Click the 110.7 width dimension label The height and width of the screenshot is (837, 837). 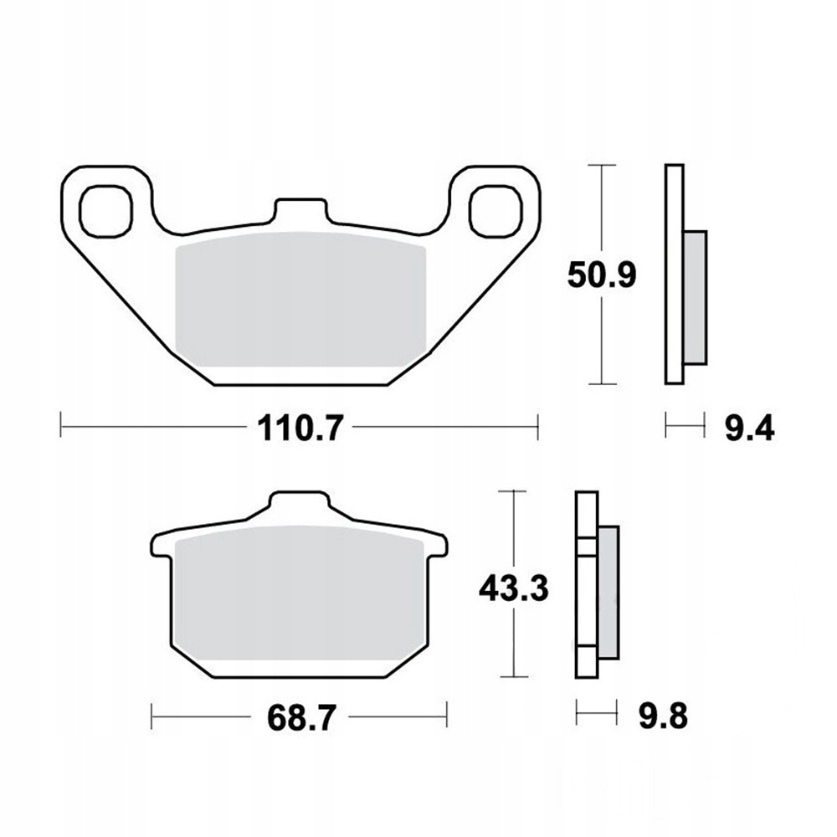click(x=299, y=428)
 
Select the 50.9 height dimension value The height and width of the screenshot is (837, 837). click(x=602, y=276)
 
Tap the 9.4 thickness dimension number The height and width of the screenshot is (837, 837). click(x=749, y=428)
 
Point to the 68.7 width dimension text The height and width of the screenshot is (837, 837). click(x=301, y=717)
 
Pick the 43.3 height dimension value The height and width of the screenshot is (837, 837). click(x=514, y=588)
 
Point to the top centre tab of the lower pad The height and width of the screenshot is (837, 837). click(x=300, y=501)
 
